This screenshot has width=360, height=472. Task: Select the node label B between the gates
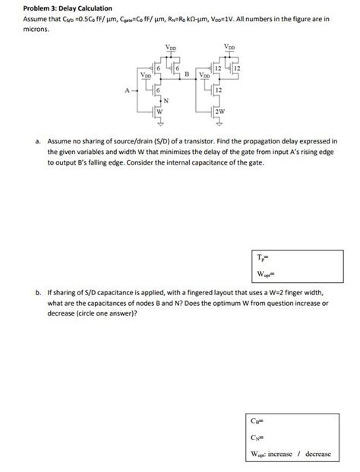point(187,74)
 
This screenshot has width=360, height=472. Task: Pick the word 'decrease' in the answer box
point(317,454)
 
